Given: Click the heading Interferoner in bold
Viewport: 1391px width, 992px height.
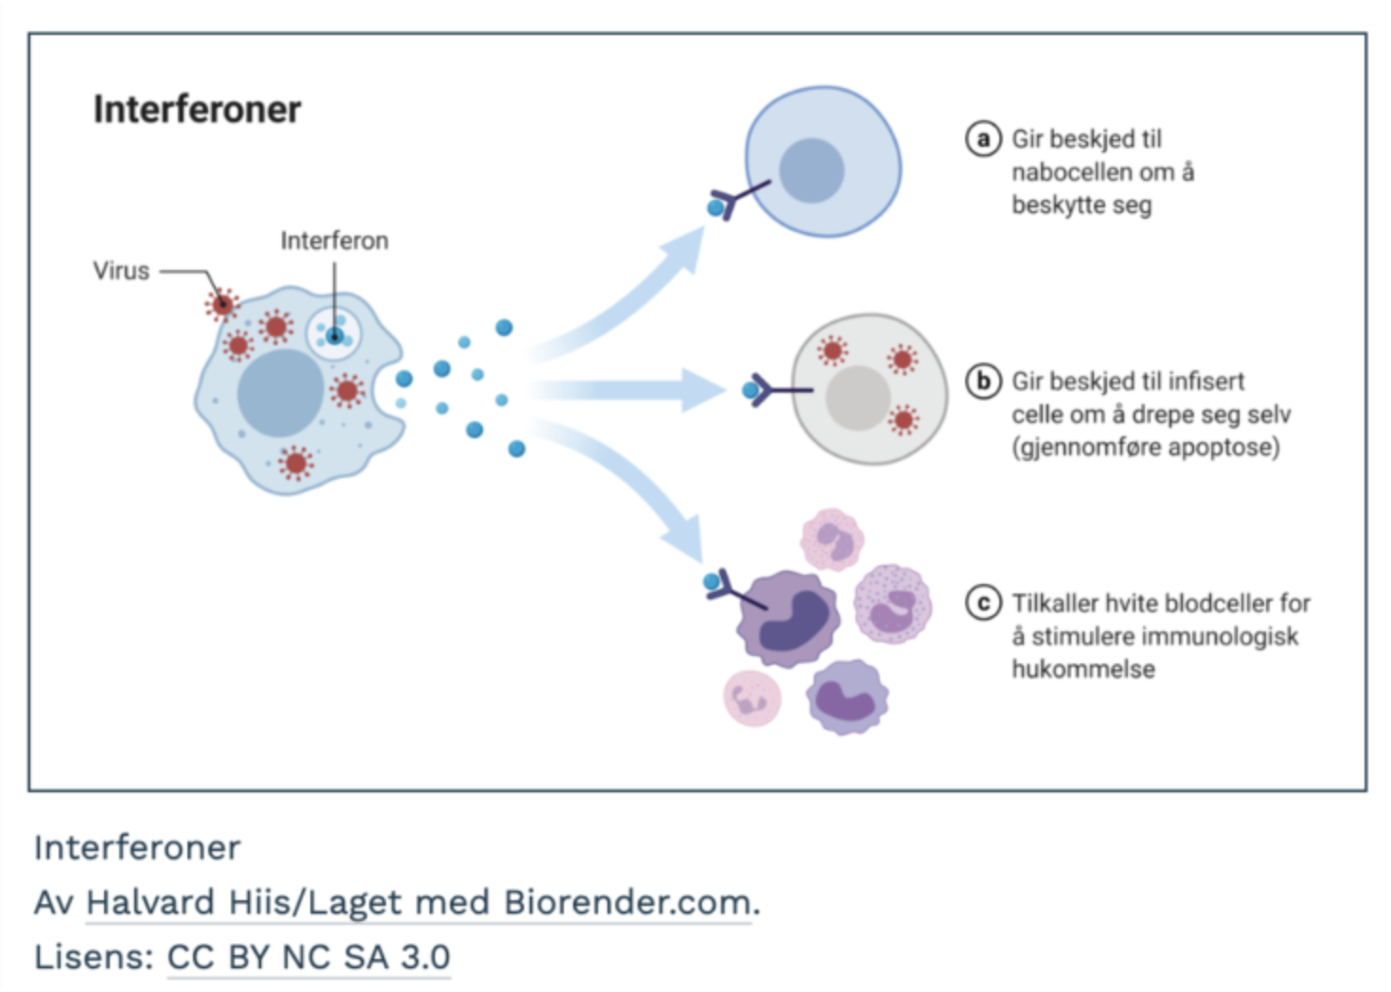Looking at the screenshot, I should (x=197, y=110).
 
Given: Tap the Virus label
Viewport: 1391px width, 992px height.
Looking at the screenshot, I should (x=121, y=271).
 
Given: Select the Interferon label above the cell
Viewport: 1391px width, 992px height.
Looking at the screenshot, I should (x=334, y=240).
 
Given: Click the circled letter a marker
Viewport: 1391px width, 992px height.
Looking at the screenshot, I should (x=983, y=139).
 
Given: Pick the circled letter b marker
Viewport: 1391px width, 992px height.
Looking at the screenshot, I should (x=983, y=381).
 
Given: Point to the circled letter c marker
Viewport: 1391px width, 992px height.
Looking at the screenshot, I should (x=983, y=603).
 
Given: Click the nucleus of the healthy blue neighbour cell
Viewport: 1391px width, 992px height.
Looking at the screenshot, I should (x=811, y=170).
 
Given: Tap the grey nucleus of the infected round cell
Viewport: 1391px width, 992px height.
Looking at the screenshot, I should (x=857, y=399).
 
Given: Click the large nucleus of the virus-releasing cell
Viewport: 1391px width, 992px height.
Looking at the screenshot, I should (x=280, y=393).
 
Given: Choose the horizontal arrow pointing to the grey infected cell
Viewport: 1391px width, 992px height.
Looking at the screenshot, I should (x=634, y=390).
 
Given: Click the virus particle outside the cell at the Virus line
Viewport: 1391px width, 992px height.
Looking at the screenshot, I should (x=221, y=304).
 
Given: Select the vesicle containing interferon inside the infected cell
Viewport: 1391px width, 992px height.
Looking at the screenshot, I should (x=333, y=333).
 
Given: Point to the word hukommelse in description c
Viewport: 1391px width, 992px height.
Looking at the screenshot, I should (x=1083, y=669).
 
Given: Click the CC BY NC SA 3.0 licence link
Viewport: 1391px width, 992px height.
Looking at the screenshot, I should (x=308, y=957).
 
